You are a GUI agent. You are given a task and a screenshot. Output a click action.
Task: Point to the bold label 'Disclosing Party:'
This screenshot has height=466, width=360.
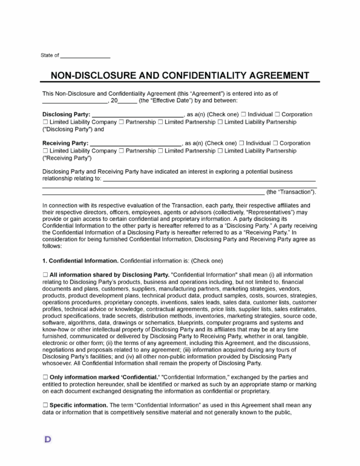(x=66, y=114)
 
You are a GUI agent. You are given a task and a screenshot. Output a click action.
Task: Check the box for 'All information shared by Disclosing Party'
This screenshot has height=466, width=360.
(x=45, y=274)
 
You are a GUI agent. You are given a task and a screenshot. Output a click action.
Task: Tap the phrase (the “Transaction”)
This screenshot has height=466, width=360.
(x=291, y=192)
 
